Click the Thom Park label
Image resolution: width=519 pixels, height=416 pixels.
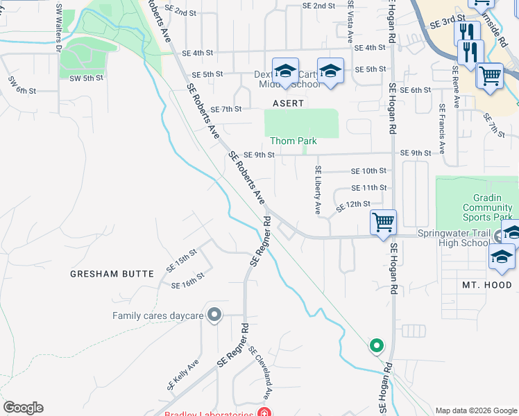(293, 141)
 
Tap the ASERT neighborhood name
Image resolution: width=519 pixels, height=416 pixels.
(288, 103)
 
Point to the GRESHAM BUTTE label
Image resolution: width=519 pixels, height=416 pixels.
(112, 274)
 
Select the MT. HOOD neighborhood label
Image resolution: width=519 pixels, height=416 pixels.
(487, 285)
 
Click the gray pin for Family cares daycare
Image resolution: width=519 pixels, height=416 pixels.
(214, 315)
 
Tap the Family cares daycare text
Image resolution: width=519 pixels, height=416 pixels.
(158, 316)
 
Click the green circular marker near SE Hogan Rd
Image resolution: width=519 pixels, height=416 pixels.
(376, 345)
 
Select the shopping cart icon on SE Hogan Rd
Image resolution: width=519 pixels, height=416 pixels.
(383, 223)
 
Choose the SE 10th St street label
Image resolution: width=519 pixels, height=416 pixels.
(368, 171)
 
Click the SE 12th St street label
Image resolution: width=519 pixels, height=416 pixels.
(354, 206)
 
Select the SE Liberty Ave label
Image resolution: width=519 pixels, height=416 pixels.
(318, 189)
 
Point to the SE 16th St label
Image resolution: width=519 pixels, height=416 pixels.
(187, 281)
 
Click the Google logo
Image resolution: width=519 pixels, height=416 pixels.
(23, 408)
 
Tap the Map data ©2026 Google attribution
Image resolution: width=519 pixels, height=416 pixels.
(475, 410)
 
